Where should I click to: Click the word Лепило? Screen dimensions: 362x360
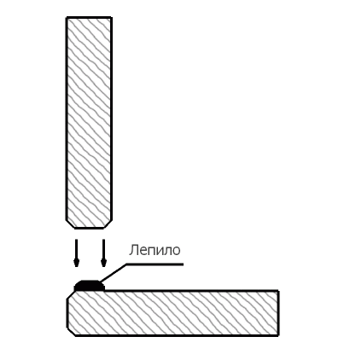click(155, 250)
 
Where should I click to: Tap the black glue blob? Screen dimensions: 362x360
click(90, 286)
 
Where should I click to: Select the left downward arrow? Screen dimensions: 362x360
click(76, 253)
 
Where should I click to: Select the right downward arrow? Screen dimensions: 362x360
click(103, 253)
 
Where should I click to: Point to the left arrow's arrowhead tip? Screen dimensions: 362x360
click(76, 267)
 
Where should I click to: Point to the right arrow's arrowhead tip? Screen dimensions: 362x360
click(103, 267)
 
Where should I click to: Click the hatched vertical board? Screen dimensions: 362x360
click(89, 123)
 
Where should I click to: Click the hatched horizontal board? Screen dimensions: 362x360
click(173, 313)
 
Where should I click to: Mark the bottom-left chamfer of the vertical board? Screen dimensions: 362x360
click(71, 224)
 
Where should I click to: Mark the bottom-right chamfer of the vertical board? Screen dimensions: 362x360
click(108, 224)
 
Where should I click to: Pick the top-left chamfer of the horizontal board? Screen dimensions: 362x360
click(71, 295)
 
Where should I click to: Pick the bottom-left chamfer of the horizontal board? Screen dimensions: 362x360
click(71, 332)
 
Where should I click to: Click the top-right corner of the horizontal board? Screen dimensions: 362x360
click(278, 291)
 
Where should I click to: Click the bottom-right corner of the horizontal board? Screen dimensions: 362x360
click(278, 335)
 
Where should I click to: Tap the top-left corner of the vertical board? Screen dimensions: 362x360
click(67, 18)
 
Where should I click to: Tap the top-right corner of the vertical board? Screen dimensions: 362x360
click(111, 18)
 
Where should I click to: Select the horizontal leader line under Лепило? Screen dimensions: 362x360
click(155, 264)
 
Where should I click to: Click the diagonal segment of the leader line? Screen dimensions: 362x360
click(113, 274)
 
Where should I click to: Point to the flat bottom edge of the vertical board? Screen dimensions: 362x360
click(89, 228)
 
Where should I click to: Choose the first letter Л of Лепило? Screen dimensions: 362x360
click(133, 251)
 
